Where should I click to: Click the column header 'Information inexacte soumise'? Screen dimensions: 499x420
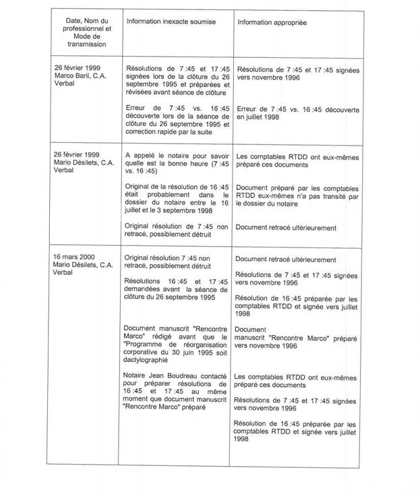tap(171, 22)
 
